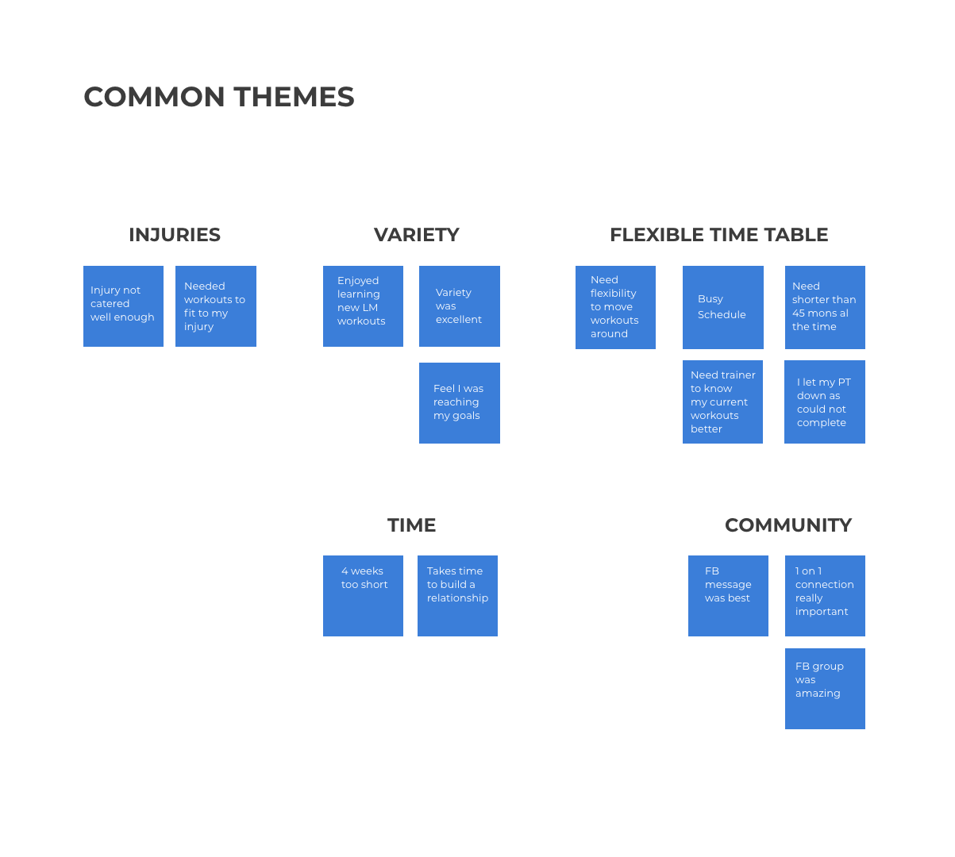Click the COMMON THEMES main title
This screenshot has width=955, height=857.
point(219,97)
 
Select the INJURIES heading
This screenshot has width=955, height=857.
point(175,235)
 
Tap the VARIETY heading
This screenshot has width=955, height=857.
point(416,235)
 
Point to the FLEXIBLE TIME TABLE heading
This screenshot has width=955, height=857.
point(718,235)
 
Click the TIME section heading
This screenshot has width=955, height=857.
point(411,525)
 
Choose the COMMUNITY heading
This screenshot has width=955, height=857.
point(787,525)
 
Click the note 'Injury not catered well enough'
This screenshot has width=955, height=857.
point(124,306)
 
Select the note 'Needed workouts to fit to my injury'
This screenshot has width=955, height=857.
point(216,306)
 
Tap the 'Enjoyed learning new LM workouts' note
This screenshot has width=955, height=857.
point(363,306)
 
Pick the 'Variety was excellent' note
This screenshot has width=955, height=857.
point(460,306)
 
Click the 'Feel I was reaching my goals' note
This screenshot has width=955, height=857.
point(460,403)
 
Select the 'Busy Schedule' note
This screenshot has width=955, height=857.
point(723,307)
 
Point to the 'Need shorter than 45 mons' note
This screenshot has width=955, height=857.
point(825,307)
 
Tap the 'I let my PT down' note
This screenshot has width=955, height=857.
point(825,402)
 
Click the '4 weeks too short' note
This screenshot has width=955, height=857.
point(363,595)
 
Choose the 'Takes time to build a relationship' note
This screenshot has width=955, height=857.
point(458,595)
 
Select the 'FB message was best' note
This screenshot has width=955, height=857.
point(728,595)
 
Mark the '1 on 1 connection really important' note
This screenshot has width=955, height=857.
point(825,595)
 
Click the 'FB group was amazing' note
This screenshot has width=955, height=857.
point(825,689)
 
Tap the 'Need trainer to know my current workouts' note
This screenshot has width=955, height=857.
point(722,402)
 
